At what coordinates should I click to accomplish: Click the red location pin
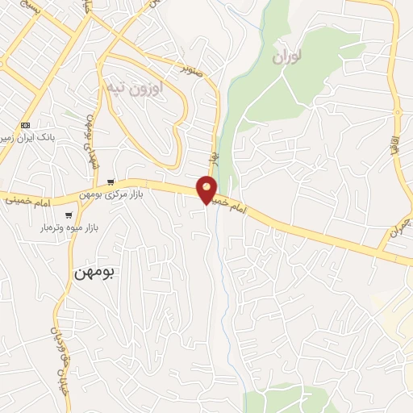point(207,189)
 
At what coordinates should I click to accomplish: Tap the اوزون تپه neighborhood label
point(135,88)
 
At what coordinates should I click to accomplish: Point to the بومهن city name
point(94,272)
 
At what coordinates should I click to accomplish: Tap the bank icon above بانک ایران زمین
point(26,125)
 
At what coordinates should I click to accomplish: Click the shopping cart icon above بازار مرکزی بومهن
point(111,183)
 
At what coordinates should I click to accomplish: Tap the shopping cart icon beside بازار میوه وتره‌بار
point(69,215)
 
